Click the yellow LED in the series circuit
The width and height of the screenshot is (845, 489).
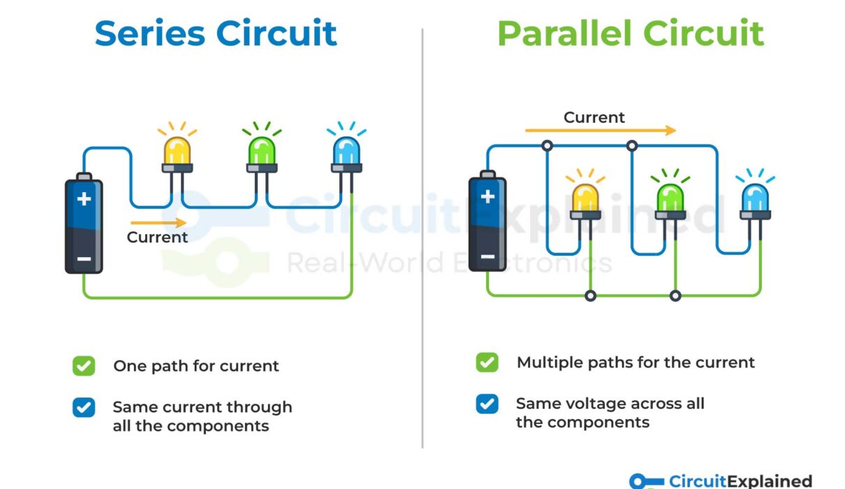pos(177,152)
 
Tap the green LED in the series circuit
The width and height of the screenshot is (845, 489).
pos(262,152)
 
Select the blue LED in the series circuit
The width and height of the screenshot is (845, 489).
pos(346,152)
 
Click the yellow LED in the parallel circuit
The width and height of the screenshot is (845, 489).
pos(585,199)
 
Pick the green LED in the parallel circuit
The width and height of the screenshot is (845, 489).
pos(670,199)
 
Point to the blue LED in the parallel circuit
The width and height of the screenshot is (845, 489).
pos(755,199)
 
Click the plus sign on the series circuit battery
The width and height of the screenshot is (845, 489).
pos(84,199)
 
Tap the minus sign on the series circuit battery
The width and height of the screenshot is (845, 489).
pos(84,258)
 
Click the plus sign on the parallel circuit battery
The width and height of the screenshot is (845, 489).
pos(487,197)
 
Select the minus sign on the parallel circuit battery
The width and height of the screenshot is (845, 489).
pos(487,256)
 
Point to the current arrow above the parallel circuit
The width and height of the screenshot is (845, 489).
pos(601,131)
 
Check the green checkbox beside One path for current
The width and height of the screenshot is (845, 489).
pos(84,365)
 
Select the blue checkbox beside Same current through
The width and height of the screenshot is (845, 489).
pos(84,407)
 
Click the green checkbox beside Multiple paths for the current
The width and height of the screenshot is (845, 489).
pos(487,363)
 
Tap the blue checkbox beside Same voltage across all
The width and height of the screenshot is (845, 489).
pos(487,404)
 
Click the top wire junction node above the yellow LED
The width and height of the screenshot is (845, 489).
pos(547,146)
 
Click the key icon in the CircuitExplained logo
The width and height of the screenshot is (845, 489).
pos(646,481)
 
